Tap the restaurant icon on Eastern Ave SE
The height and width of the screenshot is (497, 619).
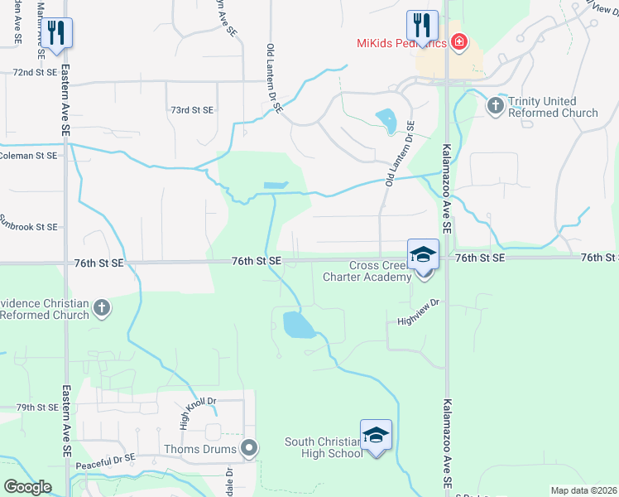(x=56, y=34)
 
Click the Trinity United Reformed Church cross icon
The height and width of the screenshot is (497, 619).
(x=495, y=105)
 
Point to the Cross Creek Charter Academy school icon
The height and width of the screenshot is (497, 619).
(x=423, y=254)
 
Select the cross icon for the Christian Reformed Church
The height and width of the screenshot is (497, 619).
(x=101, y=308)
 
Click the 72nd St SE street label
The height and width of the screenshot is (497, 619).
(x=35, y=73)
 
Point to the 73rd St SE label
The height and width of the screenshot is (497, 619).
(x=191, y=110)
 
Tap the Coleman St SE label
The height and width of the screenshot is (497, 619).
(x=28, y=155)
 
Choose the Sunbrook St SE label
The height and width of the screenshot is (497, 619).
(x=28, y=226)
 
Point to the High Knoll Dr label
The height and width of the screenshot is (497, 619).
(x=186, y=413)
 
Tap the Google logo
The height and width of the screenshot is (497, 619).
(x=27, y=487)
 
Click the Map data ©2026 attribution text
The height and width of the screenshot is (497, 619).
(x=583, y=490)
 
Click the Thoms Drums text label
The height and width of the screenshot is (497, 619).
(x=211, y=449)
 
